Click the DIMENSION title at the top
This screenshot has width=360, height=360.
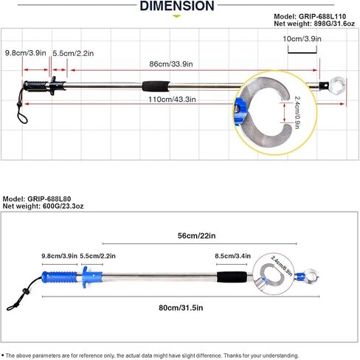point(177,6)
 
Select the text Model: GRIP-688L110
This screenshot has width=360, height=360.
point(310,16)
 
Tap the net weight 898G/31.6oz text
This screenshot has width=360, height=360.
point(314,24)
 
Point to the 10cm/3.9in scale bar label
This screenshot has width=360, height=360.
point(302,39)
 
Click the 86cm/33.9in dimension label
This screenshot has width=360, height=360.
point(171,64)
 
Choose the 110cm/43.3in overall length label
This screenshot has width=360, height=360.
point(172,100)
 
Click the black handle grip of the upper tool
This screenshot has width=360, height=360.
point(35,86)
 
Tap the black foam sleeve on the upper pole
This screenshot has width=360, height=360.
point(156,86)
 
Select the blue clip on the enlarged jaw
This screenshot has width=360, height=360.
point(240,111)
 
